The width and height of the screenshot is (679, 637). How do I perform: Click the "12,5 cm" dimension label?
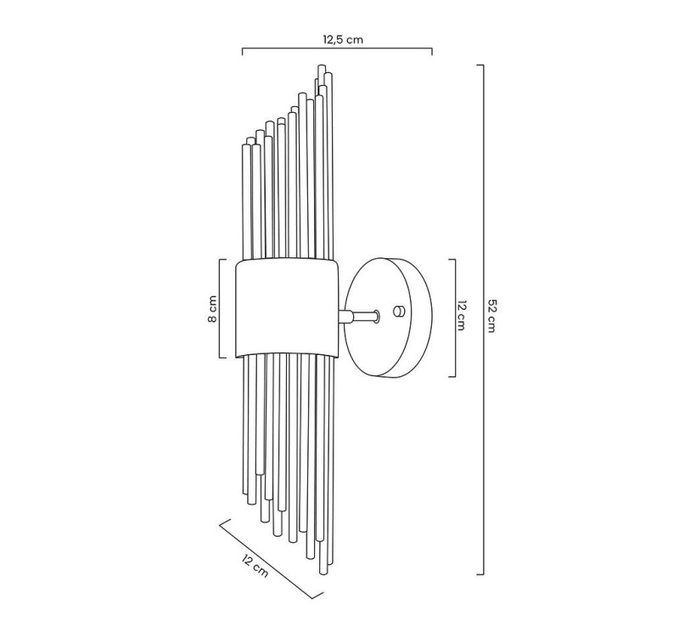343,40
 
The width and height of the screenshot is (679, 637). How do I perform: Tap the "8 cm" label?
211,308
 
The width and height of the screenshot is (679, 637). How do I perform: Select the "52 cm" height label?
491,315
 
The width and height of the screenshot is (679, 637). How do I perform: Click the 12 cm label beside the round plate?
461,315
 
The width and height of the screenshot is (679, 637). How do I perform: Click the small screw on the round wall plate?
398,311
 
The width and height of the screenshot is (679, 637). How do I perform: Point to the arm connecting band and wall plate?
358,316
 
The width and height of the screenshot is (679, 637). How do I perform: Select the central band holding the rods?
287,308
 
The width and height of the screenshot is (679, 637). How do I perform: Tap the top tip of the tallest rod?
322,65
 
